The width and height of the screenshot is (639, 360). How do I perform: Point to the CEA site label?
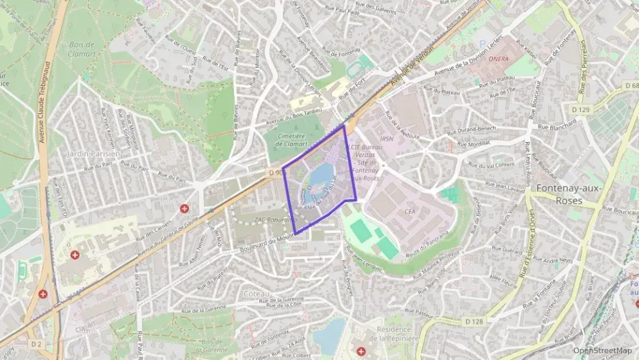coord(410,212)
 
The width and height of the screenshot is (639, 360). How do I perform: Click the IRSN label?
coord(387,138)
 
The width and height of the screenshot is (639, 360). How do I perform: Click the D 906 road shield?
coord(276,174)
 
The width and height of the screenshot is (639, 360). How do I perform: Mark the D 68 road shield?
coord(631,85)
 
